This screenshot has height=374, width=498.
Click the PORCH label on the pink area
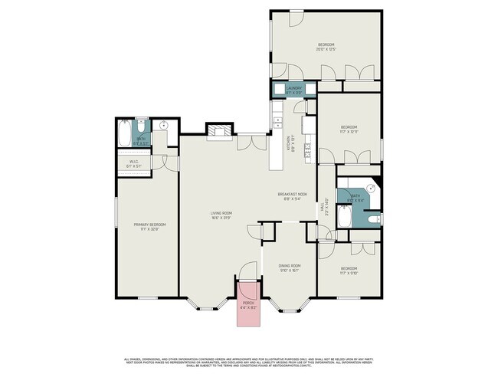248,305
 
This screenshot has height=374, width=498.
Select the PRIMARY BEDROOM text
149,226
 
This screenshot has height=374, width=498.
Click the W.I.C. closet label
133,163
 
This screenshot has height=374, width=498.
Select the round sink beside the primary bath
164,126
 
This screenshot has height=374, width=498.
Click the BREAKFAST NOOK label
292,196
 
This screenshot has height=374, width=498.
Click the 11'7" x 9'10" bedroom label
349,271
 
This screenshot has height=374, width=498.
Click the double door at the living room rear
252,143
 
